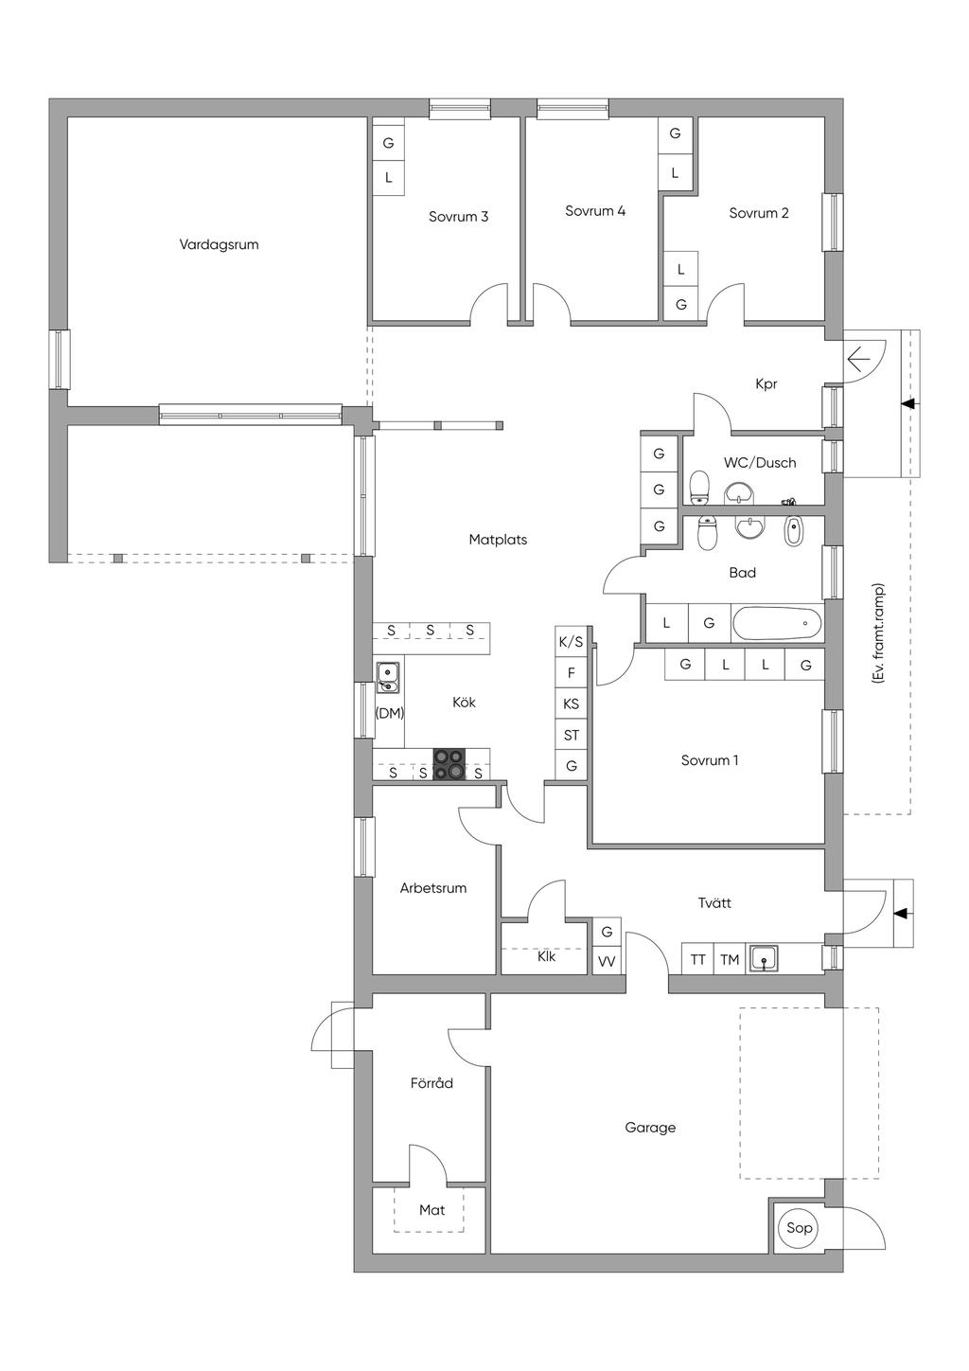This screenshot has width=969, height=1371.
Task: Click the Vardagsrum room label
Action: [x=219, y=245]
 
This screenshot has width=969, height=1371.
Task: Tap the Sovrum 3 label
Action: [x=458, y=217]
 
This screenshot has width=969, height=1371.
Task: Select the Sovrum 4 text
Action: [x=595, y=211]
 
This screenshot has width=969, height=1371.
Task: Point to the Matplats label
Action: [x=498, y=540]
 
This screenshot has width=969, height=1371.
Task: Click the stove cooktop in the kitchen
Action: [x=449, y=764]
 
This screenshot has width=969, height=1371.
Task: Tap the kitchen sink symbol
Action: [x=388, y=678]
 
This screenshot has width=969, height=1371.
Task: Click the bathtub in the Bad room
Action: [x=777, y=624]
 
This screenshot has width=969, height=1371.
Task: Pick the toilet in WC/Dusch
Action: [x=699, y=488]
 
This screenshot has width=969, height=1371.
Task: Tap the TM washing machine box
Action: [x=730, y=960]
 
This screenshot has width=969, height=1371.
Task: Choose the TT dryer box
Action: [x=698, y=960]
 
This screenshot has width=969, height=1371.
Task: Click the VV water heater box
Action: [x=607, y=962]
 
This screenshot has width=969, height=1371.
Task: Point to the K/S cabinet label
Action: [x=571, y=642]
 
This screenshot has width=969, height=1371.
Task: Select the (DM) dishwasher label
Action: [x=389, y=713]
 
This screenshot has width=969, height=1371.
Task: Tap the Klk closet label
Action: [x=546, y=956]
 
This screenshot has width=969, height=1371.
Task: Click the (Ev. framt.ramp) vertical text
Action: [x=880, y=632]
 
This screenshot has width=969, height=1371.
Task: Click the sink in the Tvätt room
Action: [x=765, y=959]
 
